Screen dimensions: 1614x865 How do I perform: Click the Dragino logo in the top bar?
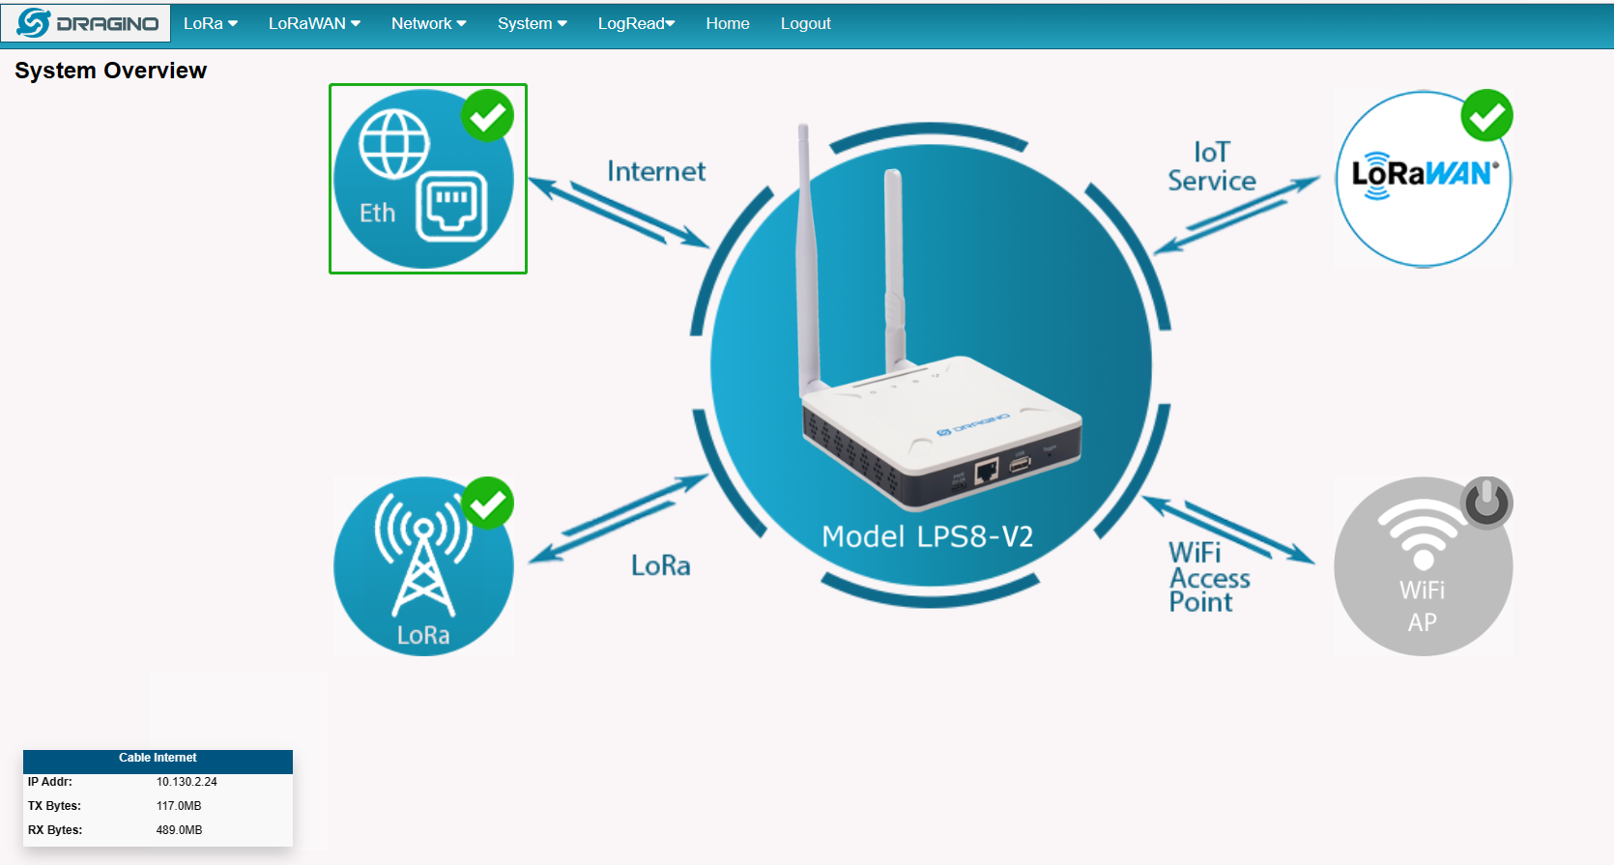click(86, 23)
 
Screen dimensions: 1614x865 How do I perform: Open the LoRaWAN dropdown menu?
click(314, 24)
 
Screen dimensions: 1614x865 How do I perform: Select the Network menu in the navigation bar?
click(429, 24)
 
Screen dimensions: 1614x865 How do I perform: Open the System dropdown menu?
click(533, 24)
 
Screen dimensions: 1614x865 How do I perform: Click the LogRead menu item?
click(636, 24)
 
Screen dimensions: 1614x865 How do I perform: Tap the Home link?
click(728, 24)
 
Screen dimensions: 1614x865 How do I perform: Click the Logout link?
click(806, 24)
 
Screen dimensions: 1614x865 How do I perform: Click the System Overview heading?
click(111, 71)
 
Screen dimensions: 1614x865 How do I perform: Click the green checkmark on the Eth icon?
click(488, 115)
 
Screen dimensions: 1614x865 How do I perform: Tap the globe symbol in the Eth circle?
click(394, 144)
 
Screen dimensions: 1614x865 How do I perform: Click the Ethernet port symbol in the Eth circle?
click(451, 206)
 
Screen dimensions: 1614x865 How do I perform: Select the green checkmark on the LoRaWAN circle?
click(1487, 115)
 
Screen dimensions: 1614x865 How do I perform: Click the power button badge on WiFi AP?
click(1486, 503)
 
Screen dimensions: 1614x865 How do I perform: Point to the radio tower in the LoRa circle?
click(423, 555)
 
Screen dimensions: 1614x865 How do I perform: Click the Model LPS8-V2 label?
click(928, 537)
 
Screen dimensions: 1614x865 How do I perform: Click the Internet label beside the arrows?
click(656, 172)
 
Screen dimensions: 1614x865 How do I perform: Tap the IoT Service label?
click(1212, 166)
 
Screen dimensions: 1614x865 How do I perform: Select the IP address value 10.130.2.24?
click(187, 782)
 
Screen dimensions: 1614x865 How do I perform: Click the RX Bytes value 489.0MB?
click(180, 830)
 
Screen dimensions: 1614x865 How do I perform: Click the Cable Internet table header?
click(158, 758)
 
